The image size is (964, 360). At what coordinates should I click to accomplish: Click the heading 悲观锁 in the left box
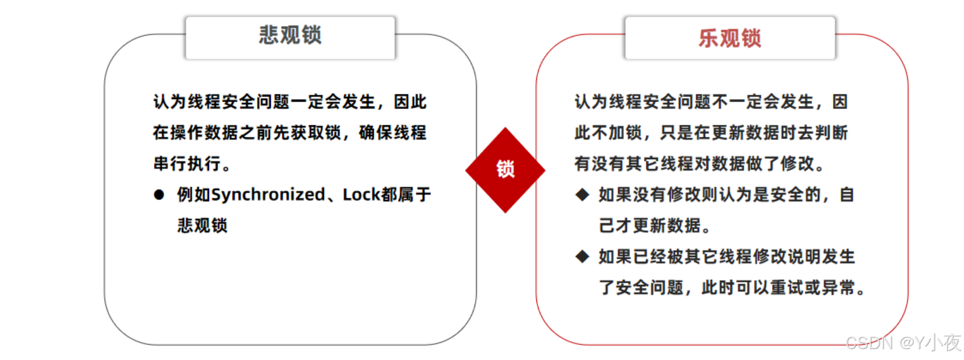(290, 35)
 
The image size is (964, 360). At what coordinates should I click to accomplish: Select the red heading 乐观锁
(729, 38)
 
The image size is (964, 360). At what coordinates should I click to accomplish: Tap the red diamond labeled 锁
(505, 169)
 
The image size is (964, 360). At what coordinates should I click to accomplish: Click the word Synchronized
(268, 195)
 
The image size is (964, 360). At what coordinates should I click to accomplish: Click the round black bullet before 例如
(159, 195)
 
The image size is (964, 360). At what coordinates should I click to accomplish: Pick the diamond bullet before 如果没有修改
(582, 195)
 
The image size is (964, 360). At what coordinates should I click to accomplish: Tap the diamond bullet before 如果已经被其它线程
(582, 256)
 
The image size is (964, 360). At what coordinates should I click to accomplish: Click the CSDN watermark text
(869, 343)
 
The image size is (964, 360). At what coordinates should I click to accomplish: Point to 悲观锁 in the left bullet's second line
(202, 226)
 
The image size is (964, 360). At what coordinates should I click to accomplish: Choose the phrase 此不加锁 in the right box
(608, 133)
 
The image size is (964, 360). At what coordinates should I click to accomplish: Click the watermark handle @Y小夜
(930, 343)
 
